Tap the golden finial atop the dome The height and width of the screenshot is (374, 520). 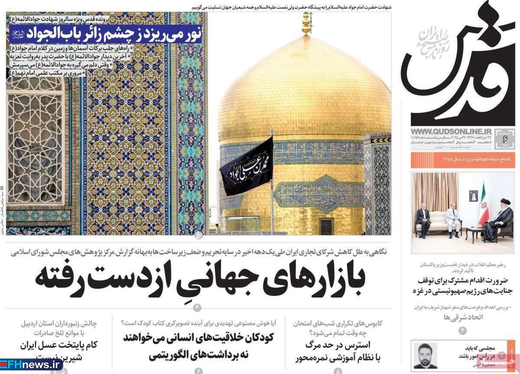tap(306, 23)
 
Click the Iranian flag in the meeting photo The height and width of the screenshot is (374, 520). tap(483, 206)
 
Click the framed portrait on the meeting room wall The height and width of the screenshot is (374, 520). tap(473, 195)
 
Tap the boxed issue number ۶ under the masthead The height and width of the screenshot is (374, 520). tap(505, 139)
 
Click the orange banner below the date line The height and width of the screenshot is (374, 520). tap(463, 159)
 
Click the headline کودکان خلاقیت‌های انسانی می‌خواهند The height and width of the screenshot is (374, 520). tap(198, 337)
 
